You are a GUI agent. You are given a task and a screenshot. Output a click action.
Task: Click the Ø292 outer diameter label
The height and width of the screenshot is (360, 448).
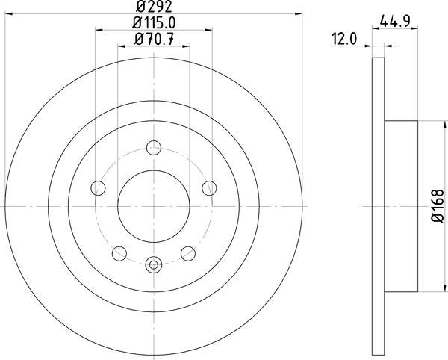point(155,7)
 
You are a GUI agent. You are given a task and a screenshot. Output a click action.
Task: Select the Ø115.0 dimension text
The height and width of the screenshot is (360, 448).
point(155,23)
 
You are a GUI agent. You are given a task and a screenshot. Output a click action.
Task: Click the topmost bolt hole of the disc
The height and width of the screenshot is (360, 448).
point(154,146)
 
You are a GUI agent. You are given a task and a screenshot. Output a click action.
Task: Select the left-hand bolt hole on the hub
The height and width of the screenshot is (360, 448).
point(98,187)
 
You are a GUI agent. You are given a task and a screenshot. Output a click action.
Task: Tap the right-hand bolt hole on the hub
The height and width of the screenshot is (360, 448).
point(210,187)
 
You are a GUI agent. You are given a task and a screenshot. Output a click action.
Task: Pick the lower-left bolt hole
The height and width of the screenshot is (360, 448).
point(119,253)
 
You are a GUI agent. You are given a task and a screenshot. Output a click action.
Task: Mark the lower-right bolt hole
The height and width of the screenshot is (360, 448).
point(188,253)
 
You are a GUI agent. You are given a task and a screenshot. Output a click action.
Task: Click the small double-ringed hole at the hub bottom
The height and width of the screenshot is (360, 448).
point(154,263)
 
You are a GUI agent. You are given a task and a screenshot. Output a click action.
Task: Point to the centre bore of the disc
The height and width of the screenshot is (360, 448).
point(154,205)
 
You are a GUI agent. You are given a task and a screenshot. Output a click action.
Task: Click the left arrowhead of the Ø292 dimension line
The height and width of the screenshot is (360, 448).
point(9,13)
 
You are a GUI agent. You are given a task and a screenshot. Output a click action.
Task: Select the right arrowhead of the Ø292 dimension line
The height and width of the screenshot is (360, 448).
point(299,13)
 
